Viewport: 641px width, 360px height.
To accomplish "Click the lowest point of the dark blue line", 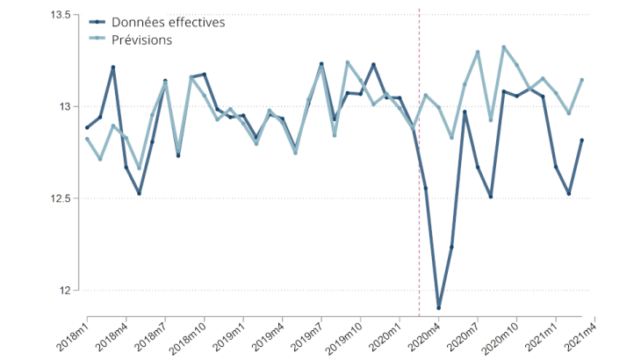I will pos(438,308).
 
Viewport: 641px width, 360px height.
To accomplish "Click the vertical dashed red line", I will pos(419,176).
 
